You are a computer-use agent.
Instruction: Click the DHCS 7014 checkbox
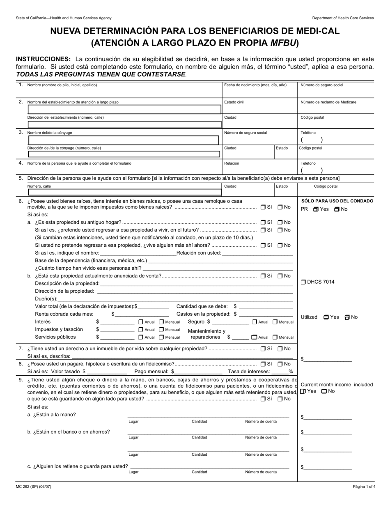click(303, 282)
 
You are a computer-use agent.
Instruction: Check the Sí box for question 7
click(263, 349)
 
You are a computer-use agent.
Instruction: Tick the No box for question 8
click(280, 364)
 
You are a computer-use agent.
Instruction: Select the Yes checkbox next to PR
click(316, 209)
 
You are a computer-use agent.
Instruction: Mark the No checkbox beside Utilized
click(347, 317)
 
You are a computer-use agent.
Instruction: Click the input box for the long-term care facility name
click(124, 109)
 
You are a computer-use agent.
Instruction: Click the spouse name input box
click(123, 140)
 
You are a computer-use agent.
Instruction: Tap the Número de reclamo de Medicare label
click(328, 102)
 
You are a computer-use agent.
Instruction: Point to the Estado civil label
click(234, 102)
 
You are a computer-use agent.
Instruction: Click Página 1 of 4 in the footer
click(364, 487)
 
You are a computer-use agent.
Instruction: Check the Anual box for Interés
click(141, 322)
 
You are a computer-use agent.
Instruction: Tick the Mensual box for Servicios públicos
click(161, 337)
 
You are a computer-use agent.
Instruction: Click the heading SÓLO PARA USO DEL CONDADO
click(337, 201)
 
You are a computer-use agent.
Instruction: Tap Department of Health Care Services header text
click(343, 18)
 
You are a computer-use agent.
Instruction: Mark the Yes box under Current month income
click(303, 391)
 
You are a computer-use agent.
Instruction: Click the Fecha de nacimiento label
click(255, 85)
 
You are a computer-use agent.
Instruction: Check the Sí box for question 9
click(263, 399)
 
